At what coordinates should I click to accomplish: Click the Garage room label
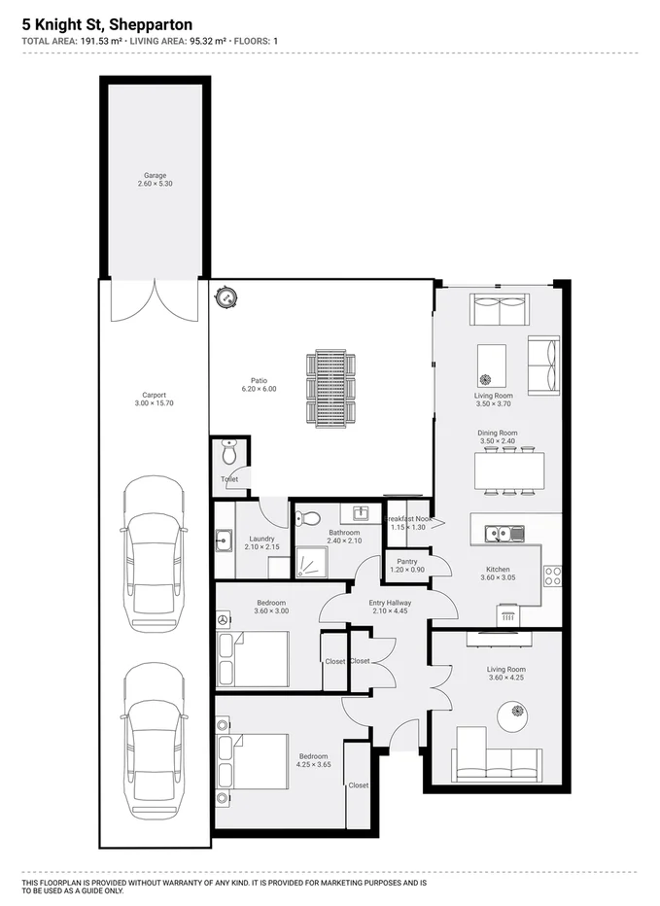[155, 176]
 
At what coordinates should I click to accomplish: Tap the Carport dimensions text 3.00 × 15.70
[155, 402]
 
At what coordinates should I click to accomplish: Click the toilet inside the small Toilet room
[229, 454]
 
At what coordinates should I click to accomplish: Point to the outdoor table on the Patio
[331, 386]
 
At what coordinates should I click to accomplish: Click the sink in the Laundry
[223, 540]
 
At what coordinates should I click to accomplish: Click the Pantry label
[406, 561]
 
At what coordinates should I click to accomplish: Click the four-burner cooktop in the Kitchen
[552, 575]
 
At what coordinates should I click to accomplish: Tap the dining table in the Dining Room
[508, 471]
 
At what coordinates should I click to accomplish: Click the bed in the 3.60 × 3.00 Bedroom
[255, 659]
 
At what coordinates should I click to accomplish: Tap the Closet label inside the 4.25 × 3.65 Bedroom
[358, 784]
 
